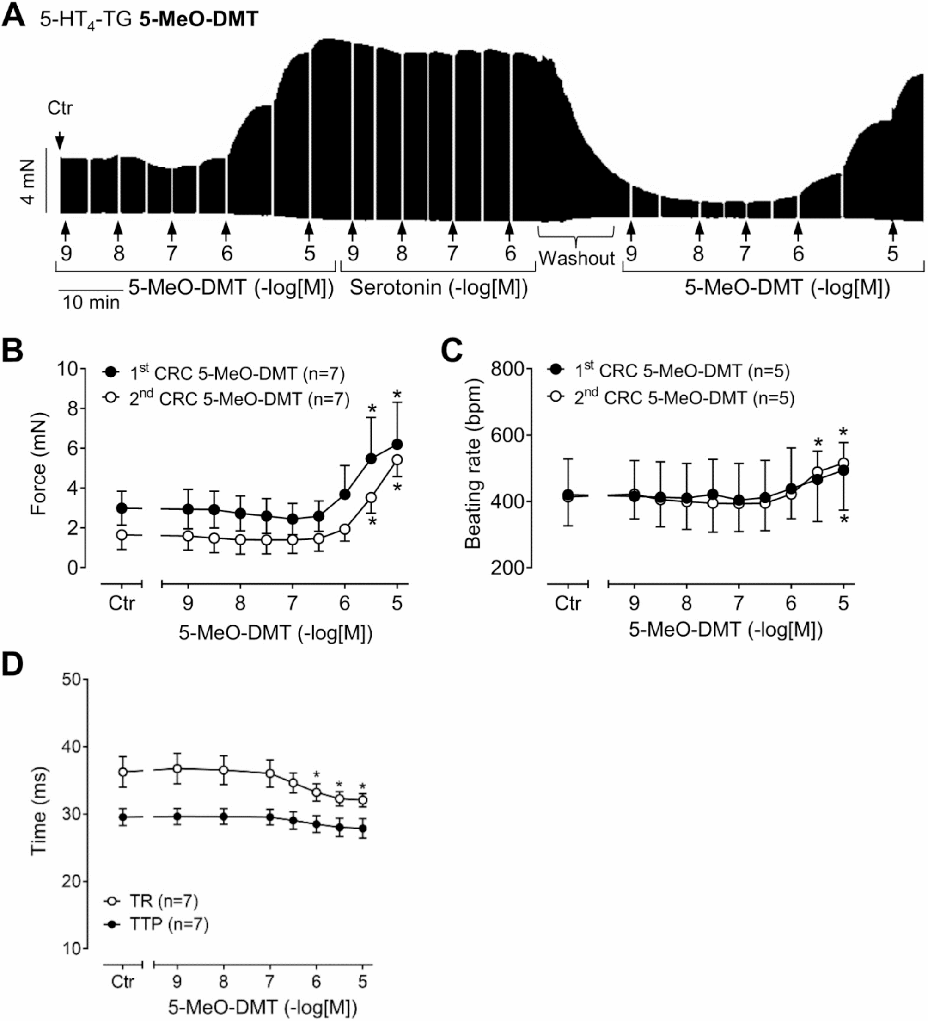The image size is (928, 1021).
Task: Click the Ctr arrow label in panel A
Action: click(x=60, y=108)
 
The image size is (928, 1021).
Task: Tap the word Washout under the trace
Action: click(x=576, y=258)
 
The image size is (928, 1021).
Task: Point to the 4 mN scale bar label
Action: click(x=28, y=181)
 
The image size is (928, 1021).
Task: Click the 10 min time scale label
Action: click(x=91, y=303)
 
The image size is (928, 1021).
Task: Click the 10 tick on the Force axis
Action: click(x=67, y=369)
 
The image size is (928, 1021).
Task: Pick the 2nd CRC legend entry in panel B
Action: click(x=239, y=399)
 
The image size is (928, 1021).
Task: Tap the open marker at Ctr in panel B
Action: click(x=122, y=535)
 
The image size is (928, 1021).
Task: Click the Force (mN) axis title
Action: click(x=39, y=464)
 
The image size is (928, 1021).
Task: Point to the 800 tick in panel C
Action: click(x=507, y=369)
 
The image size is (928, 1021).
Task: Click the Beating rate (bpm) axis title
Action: click(x=473, y=464)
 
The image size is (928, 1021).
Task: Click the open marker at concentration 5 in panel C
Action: click(x=843, y=463)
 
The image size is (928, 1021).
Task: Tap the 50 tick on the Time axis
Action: click(x=71, y=679)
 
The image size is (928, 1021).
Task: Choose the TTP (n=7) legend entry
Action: click(x=169, y=924)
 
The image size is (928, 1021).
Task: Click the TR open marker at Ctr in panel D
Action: click(x=123, y=771)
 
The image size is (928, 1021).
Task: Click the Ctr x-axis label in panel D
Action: click(x=122, y=982)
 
